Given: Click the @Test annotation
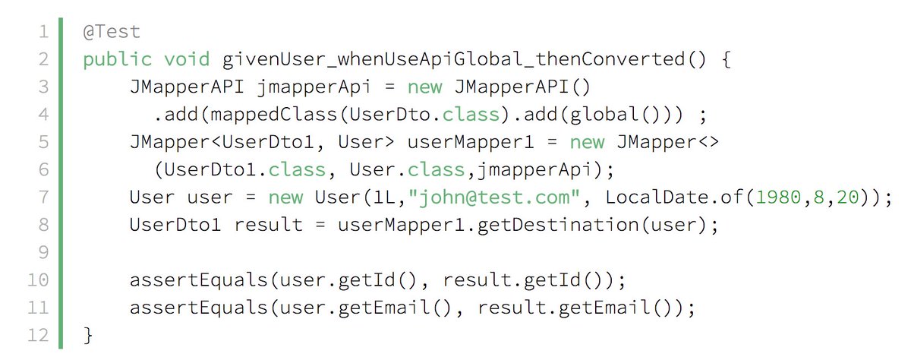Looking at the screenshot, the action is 112,32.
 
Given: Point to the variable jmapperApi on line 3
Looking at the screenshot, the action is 313,87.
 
